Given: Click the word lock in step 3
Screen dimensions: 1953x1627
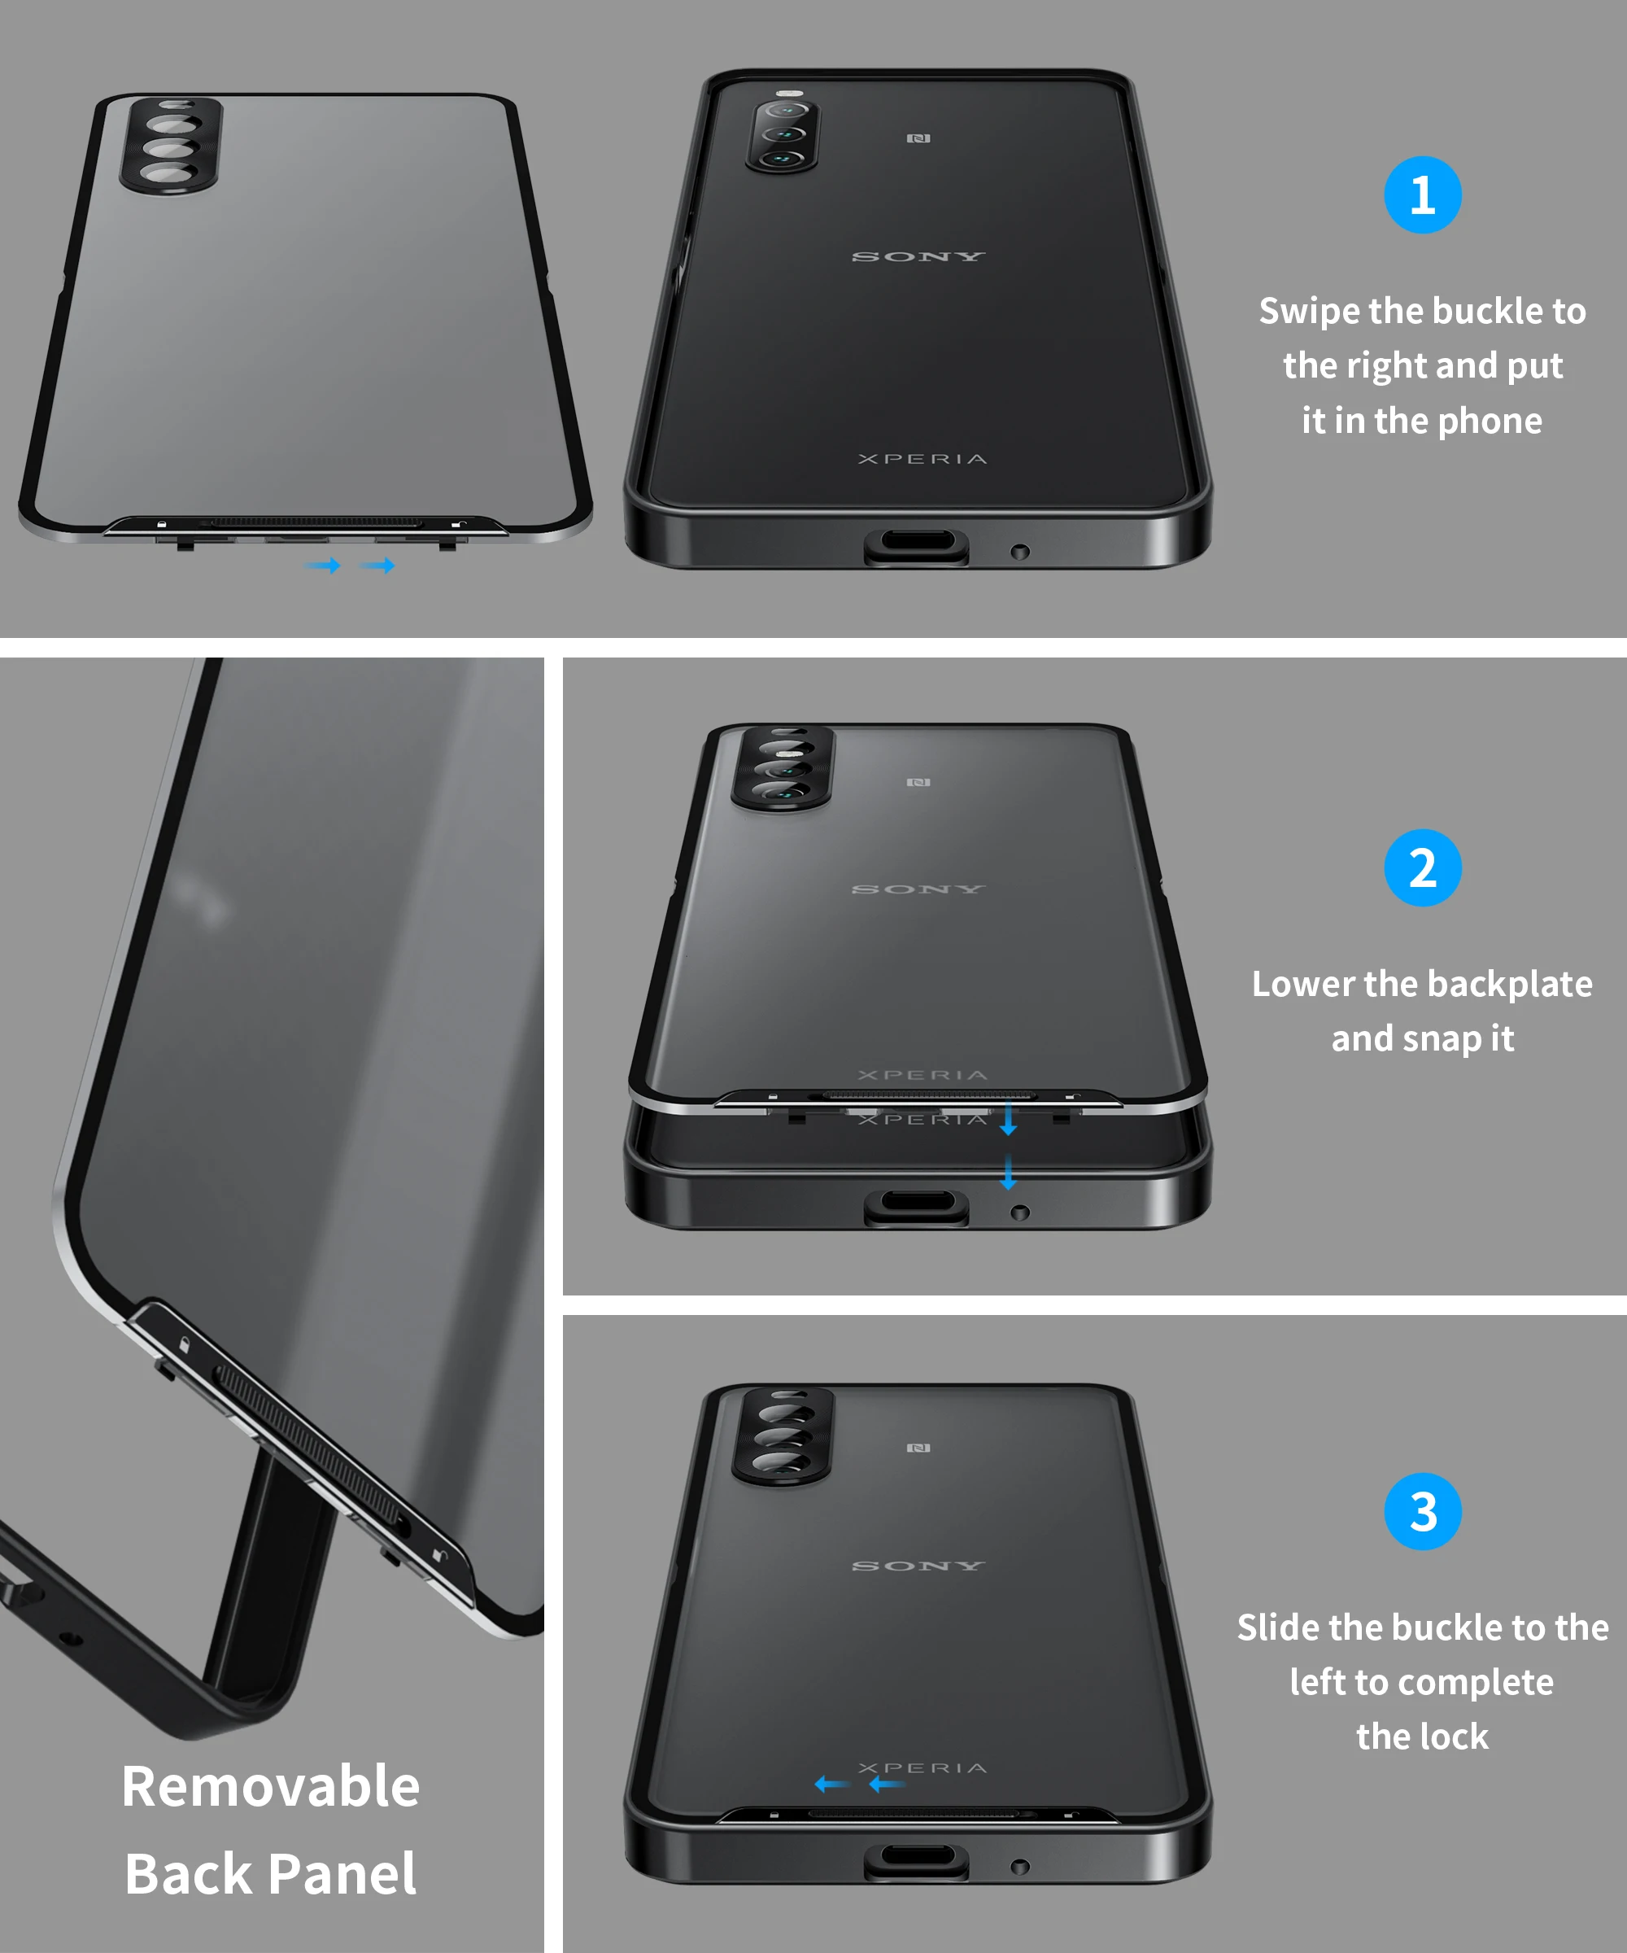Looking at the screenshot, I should coord(1458,1737).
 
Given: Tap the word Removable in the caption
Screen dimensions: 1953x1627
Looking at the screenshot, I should coord(271,1786).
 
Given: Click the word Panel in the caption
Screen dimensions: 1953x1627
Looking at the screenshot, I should coord(343,1874).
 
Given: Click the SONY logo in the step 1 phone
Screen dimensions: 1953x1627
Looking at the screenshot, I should coord(918,256).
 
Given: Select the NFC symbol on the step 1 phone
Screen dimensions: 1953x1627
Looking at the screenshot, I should coord(918,138).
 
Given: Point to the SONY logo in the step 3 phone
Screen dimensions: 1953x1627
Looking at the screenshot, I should coord(918,1566).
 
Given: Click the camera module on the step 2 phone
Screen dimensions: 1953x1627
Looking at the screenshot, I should coord(783,768).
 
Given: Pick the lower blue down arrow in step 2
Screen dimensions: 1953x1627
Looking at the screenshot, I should coord(1008,1173).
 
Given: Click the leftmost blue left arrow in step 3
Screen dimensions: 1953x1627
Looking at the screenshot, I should coord(831,1784).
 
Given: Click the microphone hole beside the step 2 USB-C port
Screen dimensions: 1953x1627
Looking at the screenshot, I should coord(1020,1212).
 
